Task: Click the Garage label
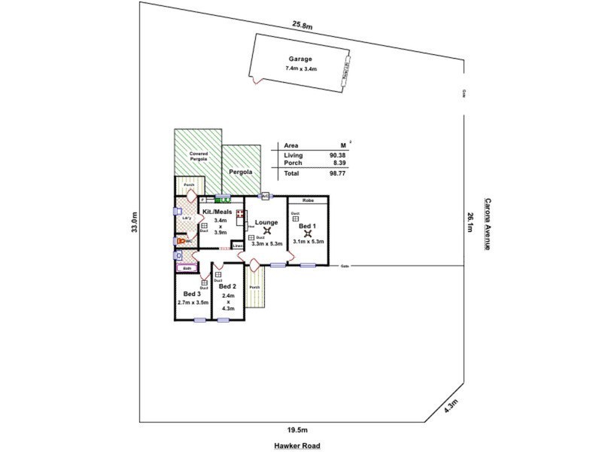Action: click(300, 59)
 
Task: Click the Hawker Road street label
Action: click(296, 445)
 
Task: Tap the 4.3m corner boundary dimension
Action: click(451, 408)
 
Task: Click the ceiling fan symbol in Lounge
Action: click(266, 231)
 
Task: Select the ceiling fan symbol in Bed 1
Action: click(307, 233)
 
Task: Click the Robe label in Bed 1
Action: click(307, 201)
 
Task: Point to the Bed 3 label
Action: click(192, 294)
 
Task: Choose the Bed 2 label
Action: click(227, 287)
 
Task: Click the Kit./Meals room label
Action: click(217, 212)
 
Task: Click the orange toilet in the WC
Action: click(181, 241)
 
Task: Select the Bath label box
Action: click(187, 267)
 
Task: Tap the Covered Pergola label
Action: click(197, 156)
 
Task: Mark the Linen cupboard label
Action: click(237, 246)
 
